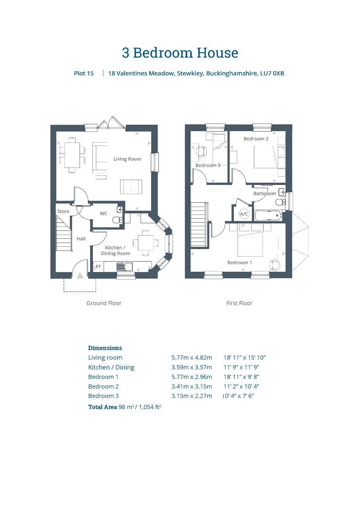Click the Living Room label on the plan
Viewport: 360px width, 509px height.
click(127, 159)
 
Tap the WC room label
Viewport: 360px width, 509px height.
click(103, 214)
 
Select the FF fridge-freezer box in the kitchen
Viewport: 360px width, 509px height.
click(98, 266)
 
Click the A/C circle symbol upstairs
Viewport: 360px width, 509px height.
click(244, 214)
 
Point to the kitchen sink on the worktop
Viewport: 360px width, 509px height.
click(125, 266)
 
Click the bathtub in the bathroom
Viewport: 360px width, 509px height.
click(268, 215)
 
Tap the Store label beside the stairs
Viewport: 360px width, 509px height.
click(63, 211)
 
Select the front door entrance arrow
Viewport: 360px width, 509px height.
click(80, 276)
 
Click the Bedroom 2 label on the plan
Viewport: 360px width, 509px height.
click(256, 139)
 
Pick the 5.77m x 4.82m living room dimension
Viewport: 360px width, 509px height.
click(192, 357)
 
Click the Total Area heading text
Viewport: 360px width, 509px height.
click(102, 407)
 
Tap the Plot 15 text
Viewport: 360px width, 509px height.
click(84, 73)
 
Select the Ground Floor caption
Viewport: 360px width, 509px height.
click(104, 303)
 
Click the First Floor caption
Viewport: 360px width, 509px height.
click(239, 303)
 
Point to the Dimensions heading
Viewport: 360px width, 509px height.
click(105, 348)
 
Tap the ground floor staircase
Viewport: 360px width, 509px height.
click(64, 233)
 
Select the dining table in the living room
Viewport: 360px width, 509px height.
click(72, 155)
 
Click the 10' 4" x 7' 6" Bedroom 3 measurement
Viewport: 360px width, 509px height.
click(238, 396)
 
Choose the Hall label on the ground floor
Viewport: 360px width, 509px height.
click(81, 239)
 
